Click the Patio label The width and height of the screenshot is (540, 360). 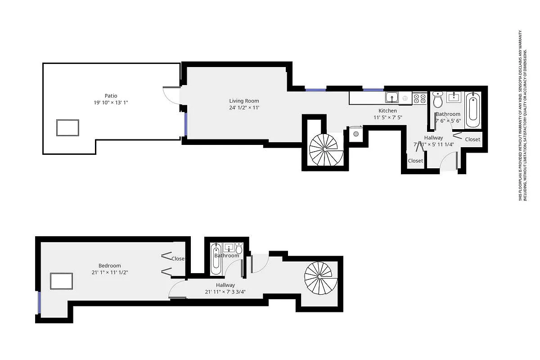pos(111,95)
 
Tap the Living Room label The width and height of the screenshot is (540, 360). pos(244,101)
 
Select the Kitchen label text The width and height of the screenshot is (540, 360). pos(387,111)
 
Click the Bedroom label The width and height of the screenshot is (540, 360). pos(110,265)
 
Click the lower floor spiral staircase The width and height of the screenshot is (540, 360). pos(320,277)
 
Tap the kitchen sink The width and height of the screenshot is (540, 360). pos(391,97)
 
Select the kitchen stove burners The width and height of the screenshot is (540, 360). pos(420,98)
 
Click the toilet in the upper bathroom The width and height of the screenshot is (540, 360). pos(438,99)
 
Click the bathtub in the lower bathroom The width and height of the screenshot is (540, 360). pos(216,261)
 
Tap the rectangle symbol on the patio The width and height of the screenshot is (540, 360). pos(67,128)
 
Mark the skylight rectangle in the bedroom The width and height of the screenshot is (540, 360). pos(61,282)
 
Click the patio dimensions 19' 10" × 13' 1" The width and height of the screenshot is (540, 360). pos(111,103)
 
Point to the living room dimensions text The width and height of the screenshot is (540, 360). pos(244,108)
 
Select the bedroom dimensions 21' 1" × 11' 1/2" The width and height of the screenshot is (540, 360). pos(110,273)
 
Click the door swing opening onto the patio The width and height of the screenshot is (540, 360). pos(169,95)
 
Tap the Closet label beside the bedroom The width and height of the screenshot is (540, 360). pos(178,259)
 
